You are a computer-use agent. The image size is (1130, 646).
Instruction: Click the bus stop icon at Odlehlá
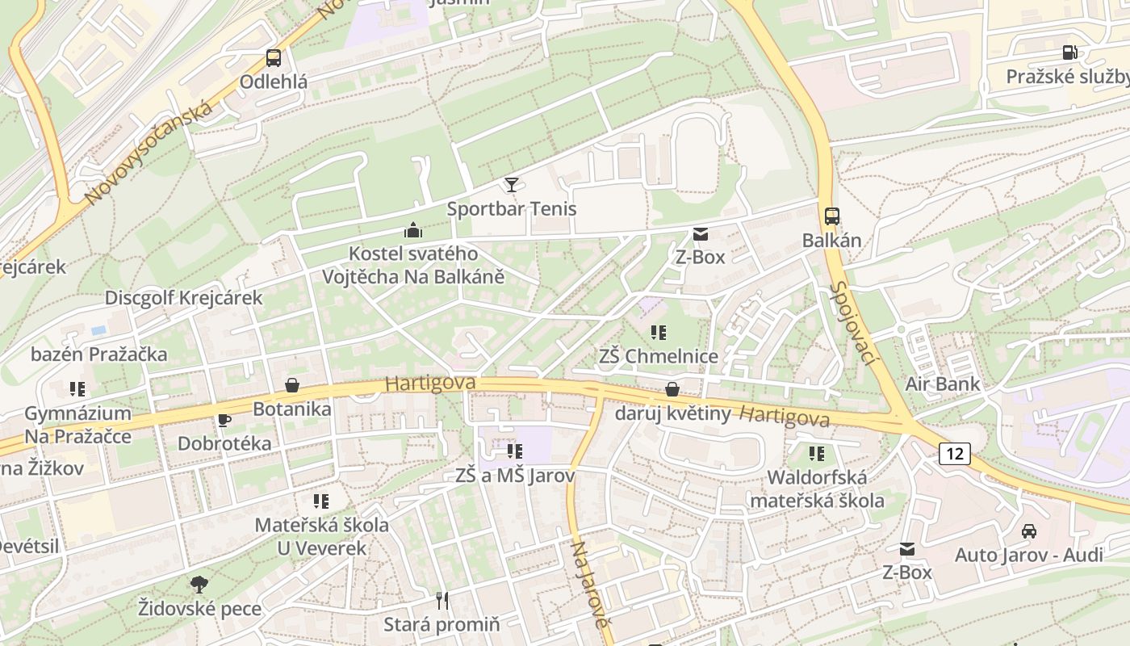(x=274, y=57)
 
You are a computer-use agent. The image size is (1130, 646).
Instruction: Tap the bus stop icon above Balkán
(x=831, y=216)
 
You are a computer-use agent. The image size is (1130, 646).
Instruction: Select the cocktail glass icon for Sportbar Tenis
(x=511, y=185)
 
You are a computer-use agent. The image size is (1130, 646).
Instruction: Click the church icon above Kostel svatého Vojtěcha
(x=413, y=230)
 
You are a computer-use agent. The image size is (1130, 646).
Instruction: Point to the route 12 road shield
(x=954, y=454)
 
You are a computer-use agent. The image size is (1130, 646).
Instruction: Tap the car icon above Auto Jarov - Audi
(x=1028, y=531)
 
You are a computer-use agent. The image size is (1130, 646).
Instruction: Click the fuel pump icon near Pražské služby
(x=1069, y=52)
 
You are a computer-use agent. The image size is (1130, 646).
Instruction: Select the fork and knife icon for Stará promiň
(x=442, y=600)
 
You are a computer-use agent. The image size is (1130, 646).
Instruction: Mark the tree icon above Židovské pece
(x=199, y=584)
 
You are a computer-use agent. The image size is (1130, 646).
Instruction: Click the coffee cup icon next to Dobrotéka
(x=224, y=420)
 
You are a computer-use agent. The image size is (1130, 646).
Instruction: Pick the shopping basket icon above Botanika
(x=291, y=385)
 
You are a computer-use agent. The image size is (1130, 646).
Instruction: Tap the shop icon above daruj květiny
(x=672, y=390)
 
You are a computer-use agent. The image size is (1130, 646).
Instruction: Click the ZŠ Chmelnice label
(x=658, y=355)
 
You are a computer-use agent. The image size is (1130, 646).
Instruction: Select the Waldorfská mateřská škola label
(x=817, y=489)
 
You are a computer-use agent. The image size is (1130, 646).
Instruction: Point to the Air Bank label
(x=942, y=384)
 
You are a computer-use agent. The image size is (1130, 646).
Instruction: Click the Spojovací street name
(x=852, y=323)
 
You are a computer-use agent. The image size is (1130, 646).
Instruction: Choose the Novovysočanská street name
(x=149, y=153)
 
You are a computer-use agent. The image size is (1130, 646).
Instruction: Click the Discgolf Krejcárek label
(x=183, y=298)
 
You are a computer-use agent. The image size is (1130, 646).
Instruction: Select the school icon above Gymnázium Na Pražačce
(x=77, y=389)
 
